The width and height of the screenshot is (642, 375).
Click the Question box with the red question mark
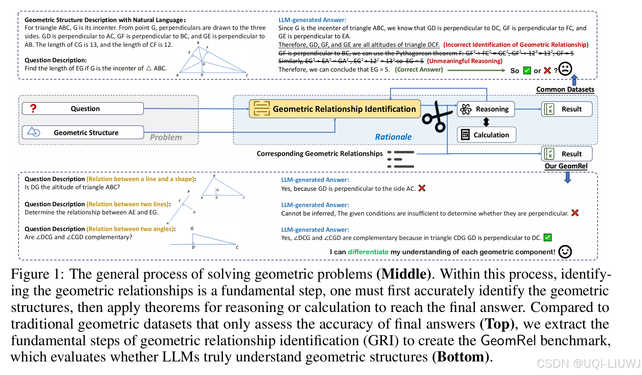click(x=83, y=109)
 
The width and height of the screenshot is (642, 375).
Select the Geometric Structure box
click(x=83, y=132)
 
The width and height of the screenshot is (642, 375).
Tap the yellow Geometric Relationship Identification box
click(x=335, y=109)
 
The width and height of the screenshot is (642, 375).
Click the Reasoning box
click(x=486, y=109)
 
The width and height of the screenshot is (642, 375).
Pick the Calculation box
click(x=486, y=135)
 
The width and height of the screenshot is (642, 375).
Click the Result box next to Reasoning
click(x=567, y=109)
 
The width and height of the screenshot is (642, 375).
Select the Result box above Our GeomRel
click(x=567, y=154)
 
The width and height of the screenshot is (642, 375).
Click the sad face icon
click(x=565, y=69)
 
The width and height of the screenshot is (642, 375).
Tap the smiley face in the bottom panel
click(x=565, y=252)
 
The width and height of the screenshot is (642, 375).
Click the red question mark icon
click(x=33, y=109)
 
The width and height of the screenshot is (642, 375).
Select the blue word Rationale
click(x=393, y=137)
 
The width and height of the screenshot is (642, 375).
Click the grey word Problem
click(x=166, y=137)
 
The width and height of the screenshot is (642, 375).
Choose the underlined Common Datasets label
click(x=565, y=89)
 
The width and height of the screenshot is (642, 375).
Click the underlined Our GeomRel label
click(x=566, y=166)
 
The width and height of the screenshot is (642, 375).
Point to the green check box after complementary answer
click(x=548, y=238)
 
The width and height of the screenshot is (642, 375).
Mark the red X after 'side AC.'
click(x=422, y=188)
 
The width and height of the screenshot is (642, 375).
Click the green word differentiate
click(x=368, y=252)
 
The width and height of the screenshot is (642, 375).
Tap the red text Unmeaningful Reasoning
click(x=464, y=61)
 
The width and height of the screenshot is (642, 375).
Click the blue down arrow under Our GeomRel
click(x=567, y=177)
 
